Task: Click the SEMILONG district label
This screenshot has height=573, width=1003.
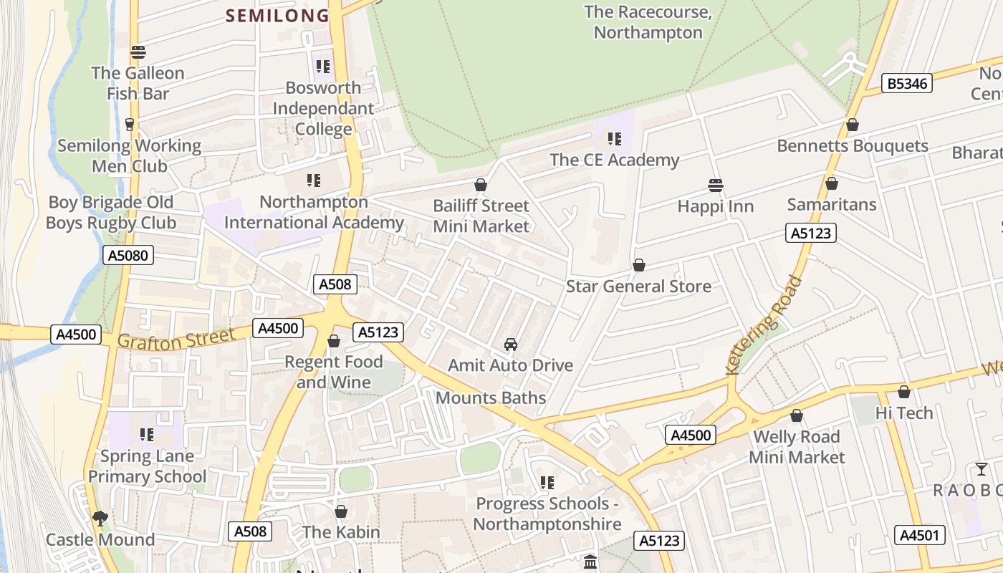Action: [x=278, y=15]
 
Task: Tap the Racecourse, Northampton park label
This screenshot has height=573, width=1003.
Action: [x=648, y=22]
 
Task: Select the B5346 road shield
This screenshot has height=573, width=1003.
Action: [x=907, y=84]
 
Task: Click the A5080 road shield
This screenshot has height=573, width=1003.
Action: [x=128, y=255]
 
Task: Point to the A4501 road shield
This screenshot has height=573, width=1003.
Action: [x=920, y=535]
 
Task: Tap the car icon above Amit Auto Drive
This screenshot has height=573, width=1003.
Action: [x=511, y=345]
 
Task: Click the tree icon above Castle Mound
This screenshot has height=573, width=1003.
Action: [x=100, y=518]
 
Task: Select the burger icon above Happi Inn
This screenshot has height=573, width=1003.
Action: [x=715, y=186]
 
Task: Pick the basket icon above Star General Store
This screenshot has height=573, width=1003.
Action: [x=639, y=266]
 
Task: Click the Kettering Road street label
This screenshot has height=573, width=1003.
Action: [x=764, y=325]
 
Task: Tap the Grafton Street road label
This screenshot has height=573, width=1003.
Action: [x=176, y=338]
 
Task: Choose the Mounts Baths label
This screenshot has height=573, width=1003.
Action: [x=491, y=398]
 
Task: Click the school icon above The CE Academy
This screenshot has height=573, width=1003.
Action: [x=614, y=138]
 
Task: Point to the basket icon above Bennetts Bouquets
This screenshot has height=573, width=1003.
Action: [x=853, y=125]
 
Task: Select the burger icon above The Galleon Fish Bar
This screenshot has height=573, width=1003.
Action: [x=138, y=52]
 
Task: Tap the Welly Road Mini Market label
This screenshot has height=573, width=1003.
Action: [x=797, y=447]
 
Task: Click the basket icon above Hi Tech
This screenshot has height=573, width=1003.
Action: [x=904, y=392]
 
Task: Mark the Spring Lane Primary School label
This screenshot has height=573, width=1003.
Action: [x=147, y=466]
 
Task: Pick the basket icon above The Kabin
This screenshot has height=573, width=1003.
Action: [x=341, y=511]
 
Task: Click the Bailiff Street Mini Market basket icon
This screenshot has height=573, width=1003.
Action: [x=481, y=186]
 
